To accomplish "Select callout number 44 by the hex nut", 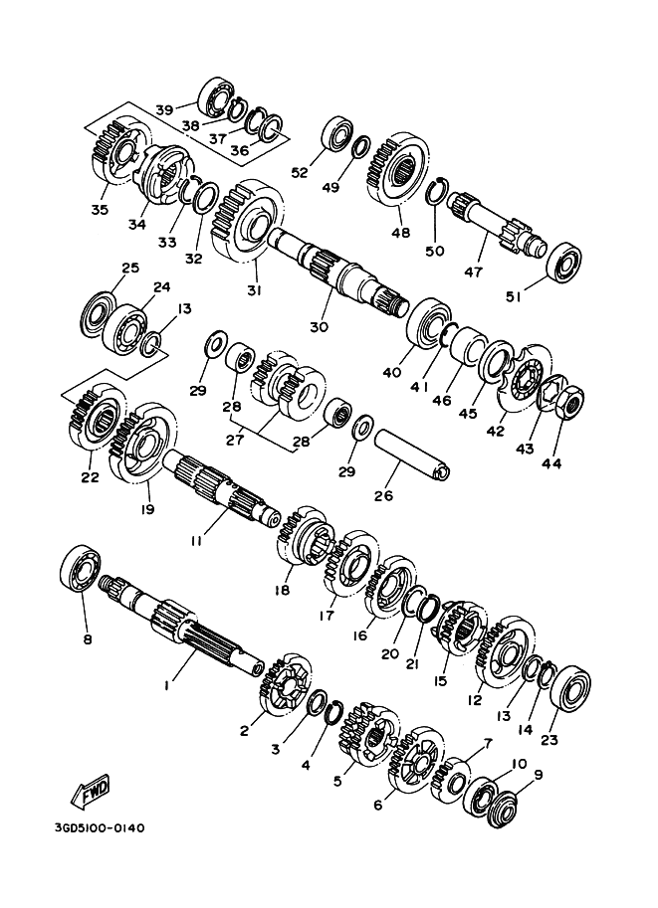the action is point(551,463).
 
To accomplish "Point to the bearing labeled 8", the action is point(81,569).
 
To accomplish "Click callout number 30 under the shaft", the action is point(319,327).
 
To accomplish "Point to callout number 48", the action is point(400,233).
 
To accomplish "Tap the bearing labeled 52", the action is point(335,136).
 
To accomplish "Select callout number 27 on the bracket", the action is point(235,441).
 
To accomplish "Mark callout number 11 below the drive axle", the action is point(195,541).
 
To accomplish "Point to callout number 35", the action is point(100,209).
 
